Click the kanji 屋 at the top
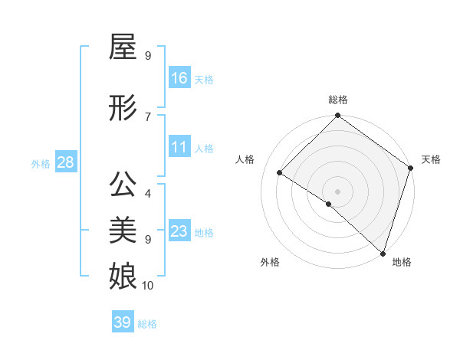123,48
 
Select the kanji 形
123,108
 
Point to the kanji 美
123,230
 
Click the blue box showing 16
179,78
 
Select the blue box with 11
179,147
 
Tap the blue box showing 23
179,231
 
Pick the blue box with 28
65,162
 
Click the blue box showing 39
123,322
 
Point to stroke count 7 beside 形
147,116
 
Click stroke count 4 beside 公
147,194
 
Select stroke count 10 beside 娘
147,286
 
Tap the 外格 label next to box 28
41,163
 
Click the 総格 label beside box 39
147,324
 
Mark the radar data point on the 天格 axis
411,169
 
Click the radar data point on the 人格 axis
281,173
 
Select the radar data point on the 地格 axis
383,253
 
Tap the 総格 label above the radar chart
338,100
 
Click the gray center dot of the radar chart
337,191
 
